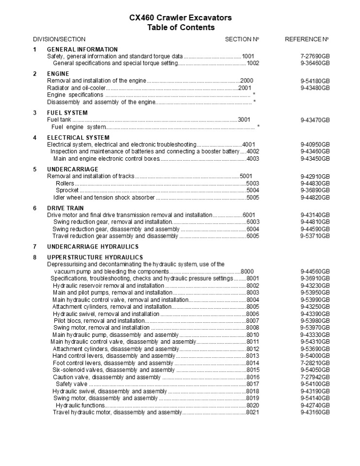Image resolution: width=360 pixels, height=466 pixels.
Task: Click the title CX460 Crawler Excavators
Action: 180,18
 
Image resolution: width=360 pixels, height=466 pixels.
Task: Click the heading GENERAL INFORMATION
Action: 82,50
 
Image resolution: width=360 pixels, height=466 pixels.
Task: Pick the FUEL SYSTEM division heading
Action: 67,113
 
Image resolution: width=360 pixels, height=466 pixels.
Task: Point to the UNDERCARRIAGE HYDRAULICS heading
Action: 92,247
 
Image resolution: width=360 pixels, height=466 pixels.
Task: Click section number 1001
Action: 248,56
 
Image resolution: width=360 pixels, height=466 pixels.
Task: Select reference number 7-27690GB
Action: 315,56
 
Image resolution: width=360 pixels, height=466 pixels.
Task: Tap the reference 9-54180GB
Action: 315,81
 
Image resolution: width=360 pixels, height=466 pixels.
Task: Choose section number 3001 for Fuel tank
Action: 244,120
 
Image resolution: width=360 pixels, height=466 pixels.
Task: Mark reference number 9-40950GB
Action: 315,145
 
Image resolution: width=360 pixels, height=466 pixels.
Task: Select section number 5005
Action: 253,198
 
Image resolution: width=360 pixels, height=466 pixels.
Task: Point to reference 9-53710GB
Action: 315,236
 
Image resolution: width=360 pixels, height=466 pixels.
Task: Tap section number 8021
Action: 253,412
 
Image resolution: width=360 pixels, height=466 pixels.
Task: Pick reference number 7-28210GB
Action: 315,363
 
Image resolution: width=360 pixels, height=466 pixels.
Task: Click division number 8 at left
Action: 35,257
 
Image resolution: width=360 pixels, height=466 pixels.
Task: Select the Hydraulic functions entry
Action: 80,405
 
